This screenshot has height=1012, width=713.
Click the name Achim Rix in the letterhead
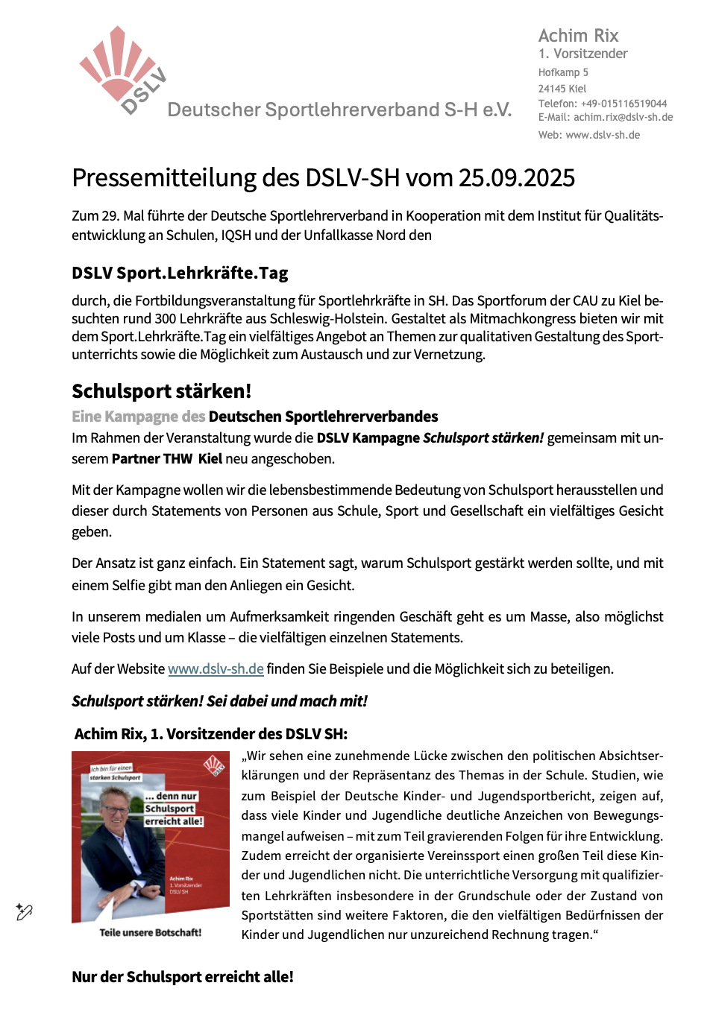pos(578,36)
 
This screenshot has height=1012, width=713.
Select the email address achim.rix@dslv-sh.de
pos(623,117)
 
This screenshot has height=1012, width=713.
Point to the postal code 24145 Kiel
pos(562,89)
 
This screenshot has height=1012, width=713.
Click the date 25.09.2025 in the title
pos(516,178)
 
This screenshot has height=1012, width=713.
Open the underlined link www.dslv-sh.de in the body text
pos(216,668)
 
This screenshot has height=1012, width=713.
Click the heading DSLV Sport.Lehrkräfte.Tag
pos(180,273)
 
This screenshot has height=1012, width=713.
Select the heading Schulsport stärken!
pos(161,391)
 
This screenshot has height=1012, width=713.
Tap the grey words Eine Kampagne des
pos(138,417)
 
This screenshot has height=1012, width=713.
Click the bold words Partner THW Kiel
pos(167,458)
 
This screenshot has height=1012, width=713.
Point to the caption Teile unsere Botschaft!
pos(150,932)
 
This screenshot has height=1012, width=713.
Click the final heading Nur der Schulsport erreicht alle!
pos(183,977)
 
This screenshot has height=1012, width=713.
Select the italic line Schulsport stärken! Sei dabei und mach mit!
pos(219,701)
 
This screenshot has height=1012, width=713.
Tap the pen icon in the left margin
pos(24,911)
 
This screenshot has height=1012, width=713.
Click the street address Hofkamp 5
pos(563,72)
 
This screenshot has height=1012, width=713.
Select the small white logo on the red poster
pos(213,765)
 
